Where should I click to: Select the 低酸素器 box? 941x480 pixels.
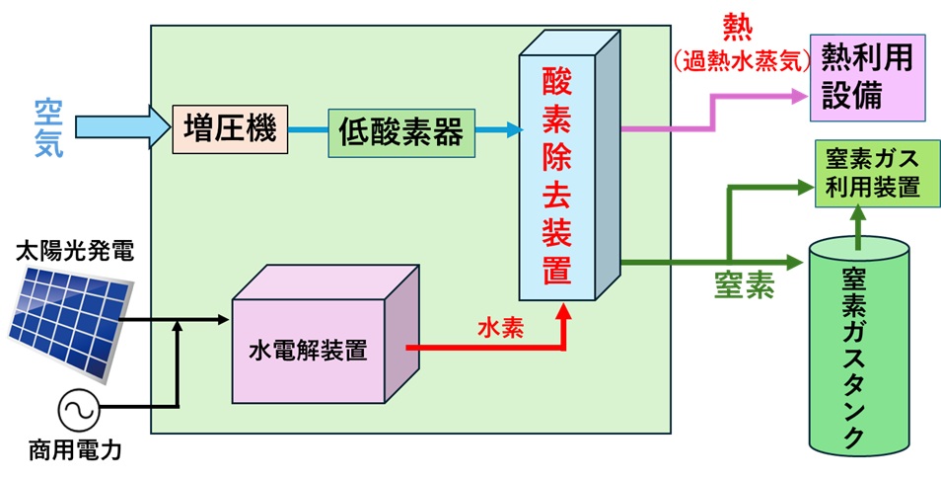coord(400,131)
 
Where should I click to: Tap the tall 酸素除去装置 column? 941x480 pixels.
coord(558,173)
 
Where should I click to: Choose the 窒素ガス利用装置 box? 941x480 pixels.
coord(870,173)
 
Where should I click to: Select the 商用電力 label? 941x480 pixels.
coord(76,455)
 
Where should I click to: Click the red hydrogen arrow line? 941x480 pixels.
coord(483,348)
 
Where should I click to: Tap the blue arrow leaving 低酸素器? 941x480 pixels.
coord(497,129)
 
